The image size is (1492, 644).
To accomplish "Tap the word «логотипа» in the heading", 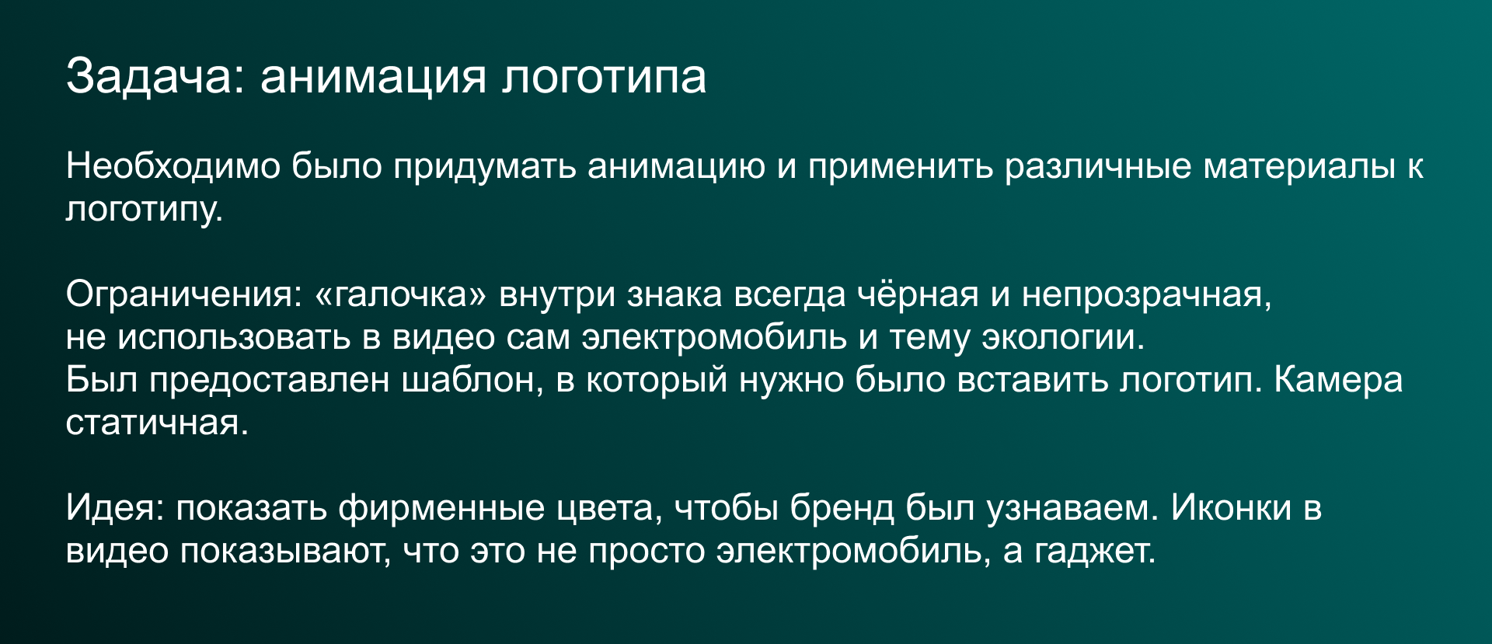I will (x=604, y=76).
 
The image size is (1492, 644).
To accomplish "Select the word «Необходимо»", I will (x=173, y=166).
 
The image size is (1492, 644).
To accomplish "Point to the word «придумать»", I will (x=484, y=166).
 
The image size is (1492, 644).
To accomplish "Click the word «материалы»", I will (x=1299, y=166).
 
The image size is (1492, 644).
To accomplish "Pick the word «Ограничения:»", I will (x=183, y=294).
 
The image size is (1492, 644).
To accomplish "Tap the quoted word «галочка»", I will (x=400, y=294).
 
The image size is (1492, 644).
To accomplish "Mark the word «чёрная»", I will (x=917, y=294).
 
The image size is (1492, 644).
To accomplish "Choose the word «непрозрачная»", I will (x=1145, y=294).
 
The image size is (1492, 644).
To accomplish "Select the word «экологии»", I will (x=1062, y=337).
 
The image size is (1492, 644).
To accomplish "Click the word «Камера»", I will (x=1338, y=380).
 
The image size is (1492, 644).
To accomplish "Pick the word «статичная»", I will (x=156, y=423).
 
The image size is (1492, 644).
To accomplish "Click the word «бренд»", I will (x=842, y=508).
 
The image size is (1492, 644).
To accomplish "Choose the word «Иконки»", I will (x=1231, y=508).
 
